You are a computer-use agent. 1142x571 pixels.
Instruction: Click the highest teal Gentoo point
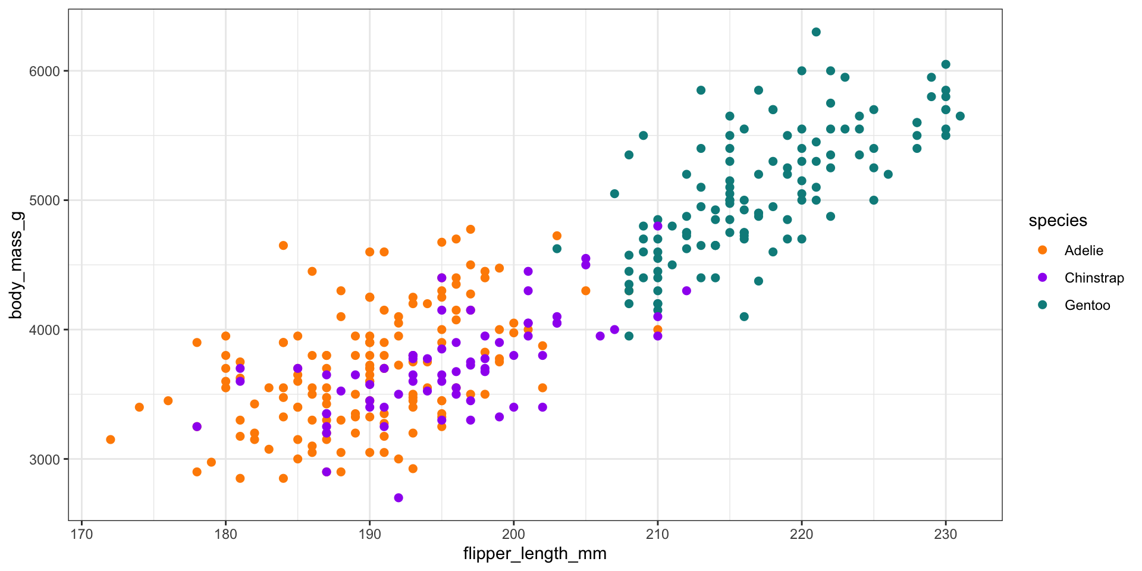point(816,32)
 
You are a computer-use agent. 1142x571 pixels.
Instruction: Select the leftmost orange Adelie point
point(111,440)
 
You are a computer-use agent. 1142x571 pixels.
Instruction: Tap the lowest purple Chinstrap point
point(399,498)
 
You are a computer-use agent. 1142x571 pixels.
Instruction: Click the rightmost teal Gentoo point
point(960,116)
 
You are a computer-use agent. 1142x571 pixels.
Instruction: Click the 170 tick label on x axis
point(81,534)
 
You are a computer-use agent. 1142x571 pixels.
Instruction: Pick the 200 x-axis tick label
point(513,534)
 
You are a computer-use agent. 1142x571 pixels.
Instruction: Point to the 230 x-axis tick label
point(946,534)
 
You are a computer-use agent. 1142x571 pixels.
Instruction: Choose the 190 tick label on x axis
point(369,534)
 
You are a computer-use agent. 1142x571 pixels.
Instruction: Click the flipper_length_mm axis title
point(535,554)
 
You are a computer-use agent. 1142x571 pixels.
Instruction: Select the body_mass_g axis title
point(15,265)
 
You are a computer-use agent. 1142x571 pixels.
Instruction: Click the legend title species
point(1058,221)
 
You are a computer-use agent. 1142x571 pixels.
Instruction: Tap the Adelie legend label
point(1084,250)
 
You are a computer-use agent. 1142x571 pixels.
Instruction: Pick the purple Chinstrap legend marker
point(1042,278)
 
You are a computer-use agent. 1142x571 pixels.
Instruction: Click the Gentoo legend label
point(1087,305)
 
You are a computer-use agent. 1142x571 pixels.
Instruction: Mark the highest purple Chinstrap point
point(657,226)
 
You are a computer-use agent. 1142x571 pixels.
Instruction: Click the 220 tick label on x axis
point(802,534)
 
